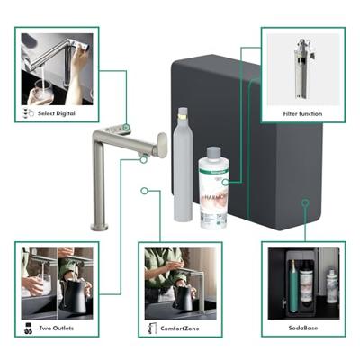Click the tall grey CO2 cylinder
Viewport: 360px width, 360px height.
(x=182, y=166)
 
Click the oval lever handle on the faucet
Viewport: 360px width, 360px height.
(x=162, y=145)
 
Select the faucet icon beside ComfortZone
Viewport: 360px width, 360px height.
(x=150, y=329)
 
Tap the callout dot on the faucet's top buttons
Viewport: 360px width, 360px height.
(x=125, y=127)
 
